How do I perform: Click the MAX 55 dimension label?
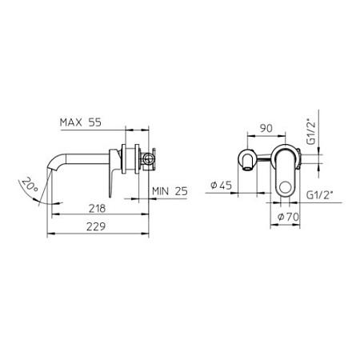coord(81,122)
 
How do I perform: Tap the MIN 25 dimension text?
coord(170,191)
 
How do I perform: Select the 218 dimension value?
coord(97,208)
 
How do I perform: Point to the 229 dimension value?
coord(96,226)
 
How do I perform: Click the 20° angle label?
coord(30,184)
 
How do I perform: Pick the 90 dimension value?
coord(266,128)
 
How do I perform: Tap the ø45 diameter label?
coord(221,185)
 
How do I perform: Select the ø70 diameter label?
coord(288,217)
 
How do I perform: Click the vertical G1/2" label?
coord(311,133)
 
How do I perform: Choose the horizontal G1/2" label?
coord(319,195)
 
